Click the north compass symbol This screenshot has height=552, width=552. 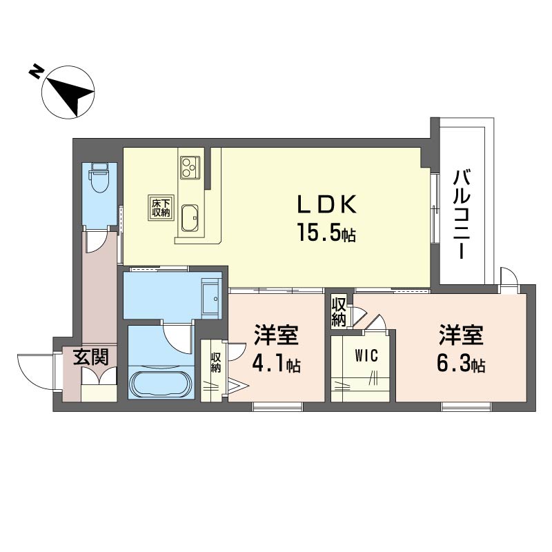[68, 91]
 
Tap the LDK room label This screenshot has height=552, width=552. [327, 204]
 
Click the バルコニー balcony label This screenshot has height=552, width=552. [461, 215]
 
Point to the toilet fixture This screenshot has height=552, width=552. [99, 177]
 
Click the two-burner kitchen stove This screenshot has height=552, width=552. [190, 166]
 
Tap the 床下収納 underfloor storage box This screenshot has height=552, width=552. [161, 208]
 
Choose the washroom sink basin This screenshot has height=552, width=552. [211, 298]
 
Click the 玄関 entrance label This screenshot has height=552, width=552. [90, 357]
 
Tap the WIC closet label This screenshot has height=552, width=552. [366, 355]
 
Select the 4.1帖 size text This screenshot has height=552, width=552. [276, 364]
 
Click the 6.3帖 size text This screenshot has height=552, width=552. [461, 364]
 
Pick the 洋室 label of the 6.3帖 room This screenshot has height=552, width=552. [461, 335]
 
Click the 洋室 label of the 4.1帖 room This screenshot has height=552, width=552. [277, 335]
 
